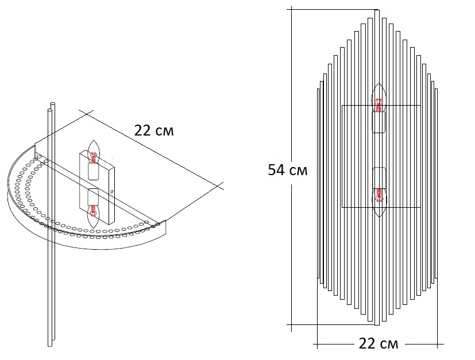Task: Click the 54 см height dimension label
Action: tap(288, 171)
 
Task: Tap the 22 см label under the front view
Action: tap(378, 344)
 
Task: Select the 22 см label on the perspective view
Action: tap(153, 130)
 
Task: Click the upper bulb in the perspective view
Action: tap(94, 150)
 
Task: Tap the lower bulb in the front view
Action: tap(378, 202)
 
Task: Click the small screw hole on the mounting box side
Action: tap(113, 192)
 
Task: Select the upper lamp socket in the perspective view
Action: tap(93, 170)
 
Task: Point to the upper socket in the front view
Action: tap(378, 122)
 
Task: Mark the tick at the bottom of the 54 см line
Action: tap(292, 324)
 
